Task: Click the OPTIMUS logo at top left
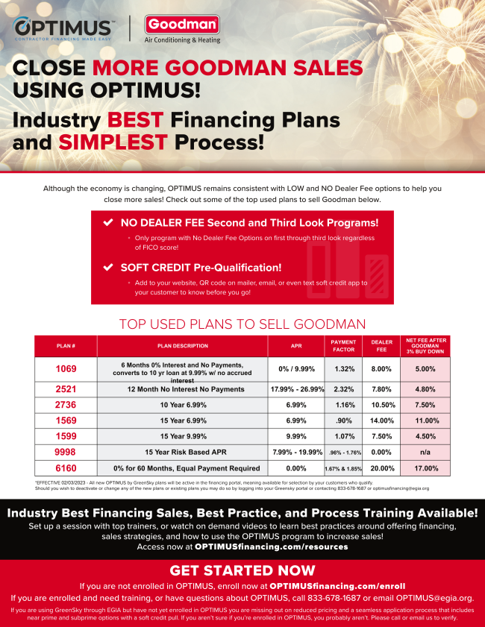[63, 28]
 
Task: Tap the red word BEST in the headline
[137, 119]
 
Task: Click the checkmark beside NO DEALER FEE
[108, 223]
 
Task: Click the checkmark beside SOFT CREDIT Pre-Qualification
[108, 267]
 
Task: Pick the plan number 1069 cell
[66, 368]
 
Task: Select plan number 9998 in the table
[66, 452]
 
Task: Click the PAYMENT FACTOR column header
[344, 346]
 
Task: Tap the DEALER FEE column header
[382, 346]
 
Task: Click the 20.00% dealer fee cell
[382, 468]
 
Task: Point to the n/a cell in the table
[426, 452]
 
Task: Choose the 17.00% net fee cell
[426, 468]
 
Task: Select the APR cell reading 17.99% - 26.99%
[296, 389]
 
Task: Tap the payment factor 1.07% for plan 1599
[344, 436]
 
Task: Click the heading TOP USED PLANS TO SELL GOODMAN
[242, 324]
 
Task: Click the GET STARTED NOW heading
[242, 570]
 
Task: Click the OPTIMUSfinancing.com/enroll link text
[337, 586]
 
